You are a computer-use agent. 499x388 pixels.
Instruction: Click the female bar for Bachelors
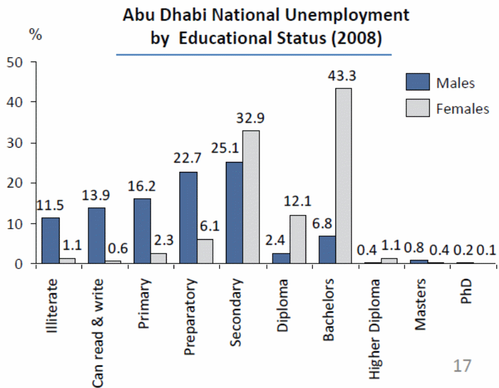[x=343, y=176]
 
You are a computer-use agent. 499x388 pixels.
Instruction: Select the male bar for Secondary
[x=235, y=212]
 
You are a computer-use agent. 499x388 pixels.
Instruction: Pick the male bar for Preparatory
[x=189, y=217]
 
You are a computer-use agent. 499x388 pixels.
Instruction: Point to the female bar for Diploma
[x=297, y=239]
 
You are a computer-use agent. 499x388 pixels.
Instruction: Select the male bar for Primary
[x=142, y=230]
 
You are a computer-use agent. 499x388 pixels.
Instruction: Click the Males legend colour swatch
[x=418, y=82]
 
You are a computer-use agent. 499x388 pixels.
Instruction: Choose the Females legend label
[x=463, y=108]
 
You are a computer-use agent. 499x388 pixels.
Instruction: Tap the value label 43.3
[x=344, y=76]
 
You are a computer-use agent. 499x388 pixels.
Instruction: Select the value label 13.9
[x=97, y=196]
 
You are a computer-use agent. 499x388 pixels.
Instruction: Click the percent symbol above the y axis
[x=35, y=34]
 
